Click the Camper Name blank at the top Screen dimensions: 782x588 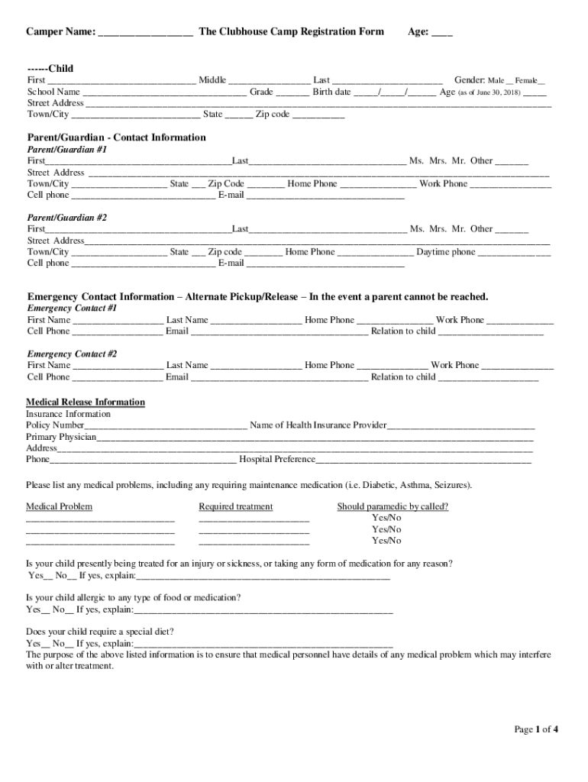click(x=145, y=33)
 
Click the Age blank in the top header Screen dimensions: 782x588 click(x=442, y=33)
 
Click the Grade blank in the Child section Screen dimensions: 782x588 click(x=292, y=92)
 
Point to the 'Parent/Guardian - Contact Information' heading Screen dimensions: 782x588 click(x=116, y=137)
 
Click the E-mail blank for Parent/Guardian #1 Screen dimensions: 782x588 click(x=325, y=195)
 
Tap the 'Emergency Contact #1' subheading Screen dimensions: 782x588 click(x=72, y=309)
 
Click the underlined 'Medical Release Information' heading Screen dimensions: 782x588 click(x=86, y=402)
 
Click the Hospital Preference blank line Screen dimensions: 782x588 click(x=423, y=460)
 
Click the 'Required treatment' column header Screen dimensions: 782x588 click(x=235, y=506)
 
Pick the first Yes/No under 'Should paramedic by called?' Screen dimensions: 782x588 click(x=386, y=518)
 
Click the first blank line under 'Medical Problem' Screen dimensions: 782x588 click(x=100, y=519)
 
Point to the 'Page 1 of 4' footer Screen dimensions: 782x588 click(x=536, y=729)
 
